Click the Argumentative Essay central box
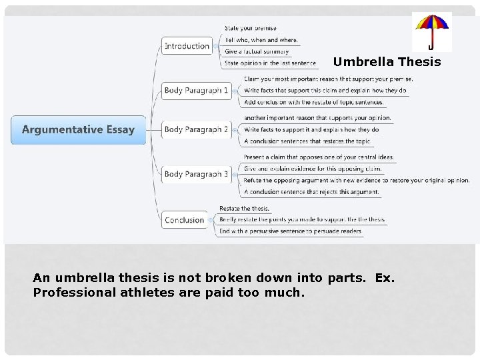(78, 130)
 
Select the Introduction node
(187, 46)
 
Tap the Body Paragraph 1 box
(197, 90)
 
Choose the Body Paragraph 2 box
(197, 129)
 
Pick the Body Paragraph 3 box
(197, 174)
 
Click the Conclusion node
(185, 220)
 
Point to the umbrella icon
(431, 31)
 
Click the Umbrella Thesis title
(387, 62)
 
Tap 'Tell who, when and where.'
(261, 40)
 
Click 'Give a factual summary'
(257, 51)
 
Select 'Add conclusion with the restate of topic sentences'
(313, 102)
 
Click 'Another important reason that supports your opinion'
(317, 118)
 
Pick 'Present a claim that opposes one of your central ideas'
(319, 157)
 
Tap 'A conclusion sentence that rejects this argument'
(311, 192)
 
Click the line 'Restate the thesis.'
(244, 209)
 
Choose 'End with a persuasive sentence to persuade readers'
(291, 231)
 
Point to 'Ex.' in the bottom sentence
(385, 277)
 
